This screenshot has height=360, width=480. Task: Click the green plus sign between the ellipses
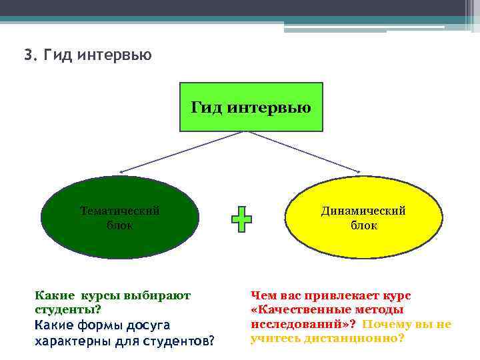pos(241,219)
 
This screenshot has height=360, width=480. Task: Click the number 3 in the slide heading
pos(27,55)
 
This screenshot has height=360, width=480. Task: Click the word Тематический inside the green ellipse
pos(120,211)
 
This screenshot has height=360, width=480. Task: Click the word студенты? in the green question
pos(67,309)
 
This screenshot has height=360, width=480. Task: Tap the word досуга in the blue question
pos(150,325)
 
